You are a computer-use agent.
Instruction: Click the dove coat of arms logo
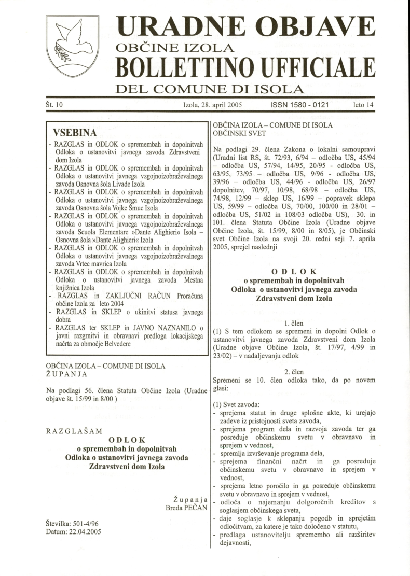click(65, 47)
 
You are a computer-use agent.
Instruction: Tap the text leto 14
click(363, 105)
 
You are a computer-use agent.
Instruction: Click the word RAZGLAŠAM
click(74, 431)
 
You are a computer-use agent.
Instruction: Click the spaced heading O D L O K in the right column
click(294, 273)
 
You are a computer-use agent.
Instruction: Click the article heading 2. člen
click(294, 371)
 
